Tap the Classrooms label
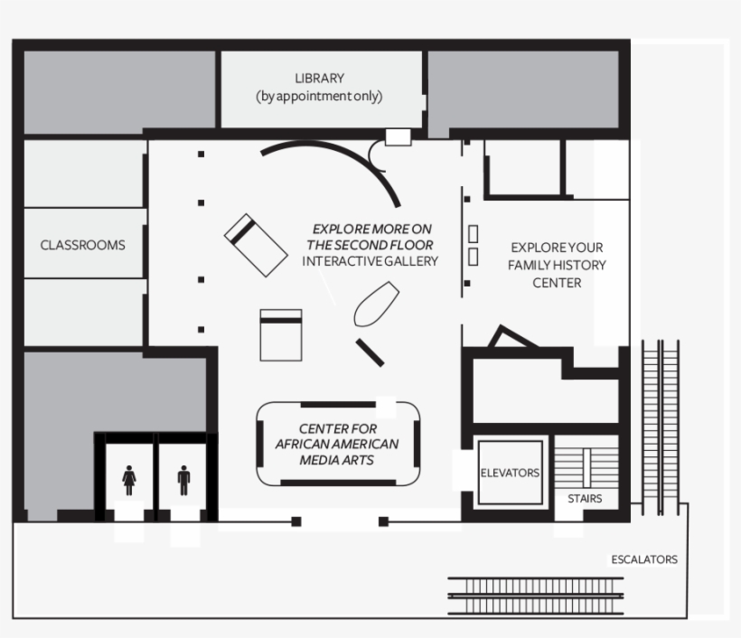pos(82,245)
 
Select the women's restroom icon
pos(129,481)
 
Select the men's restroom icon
pos(184,481)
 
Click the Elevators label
pos(510,473)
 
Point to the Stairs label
pos(585,498)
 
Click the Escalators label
pos(643,559)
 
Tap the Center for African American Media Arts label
pos(337,444)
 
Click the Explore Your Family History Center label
pos(557,265)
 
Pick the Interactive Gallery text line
pos(370,261)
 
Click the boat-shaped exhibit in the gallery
pos(376,305)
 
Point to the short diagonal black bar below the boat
pos(370,352)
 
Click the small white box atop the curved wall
pos(398,136)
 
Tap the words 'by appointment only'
pos(319,97)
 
